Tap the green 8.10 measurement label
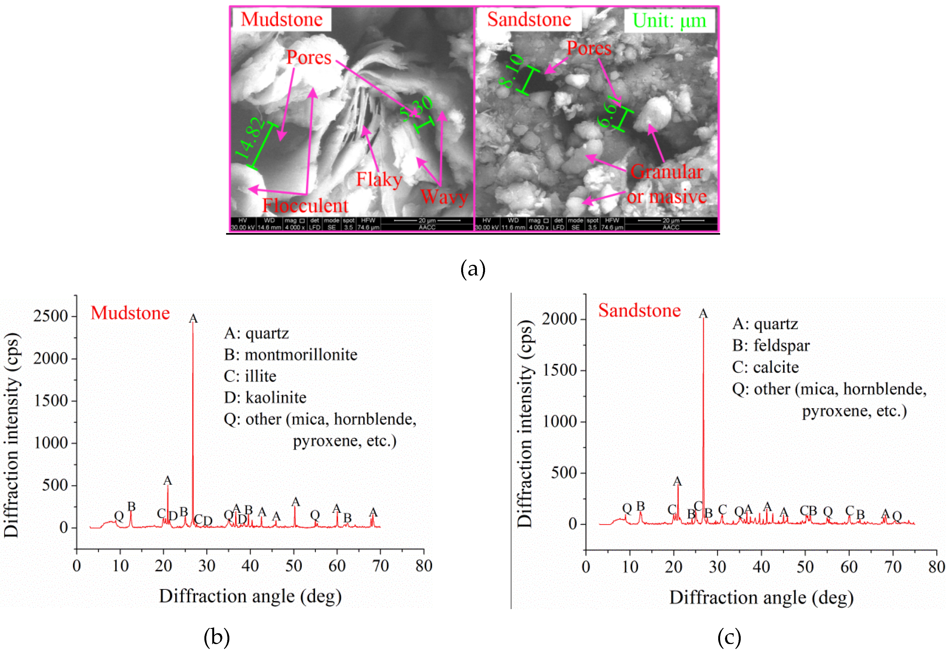pyautogui.click(x=511, y=71)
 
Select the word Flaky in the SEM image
pyautogui.click(x=379, y=180)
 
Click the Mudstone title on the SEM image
pyautogui.click(x=282, y=20)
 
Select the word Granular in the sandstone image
pyautogui.click(x=666, y=172)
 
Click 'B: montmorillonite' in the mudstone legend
pyautogui.click(x=290, y=355)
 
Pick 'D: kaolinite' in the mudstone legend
pyautogui.click(x=265, y=397)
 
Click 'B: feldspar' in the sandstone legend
pyautogui.click(x=770, y=346)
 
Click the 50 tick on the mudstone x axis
pyautogui.click(x=294, y=566)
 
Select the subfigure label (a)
pyautogui.click(x=473, y=269)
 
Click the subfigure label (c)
pyautogui.click(x=729, y=637)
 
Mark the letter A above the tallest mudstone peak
pyautogui.click(x=193, y=319)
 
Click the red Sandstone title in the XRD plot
pyautogui.click(x=639, y=310)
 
